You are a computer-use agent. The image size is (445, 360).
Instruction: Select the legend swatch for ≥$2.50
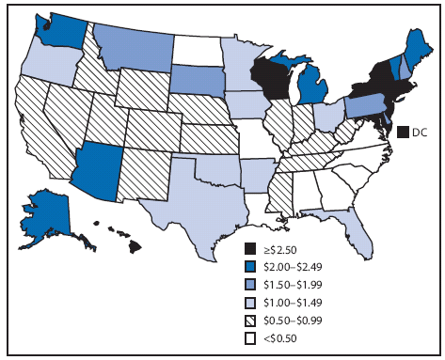(249, 248)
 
